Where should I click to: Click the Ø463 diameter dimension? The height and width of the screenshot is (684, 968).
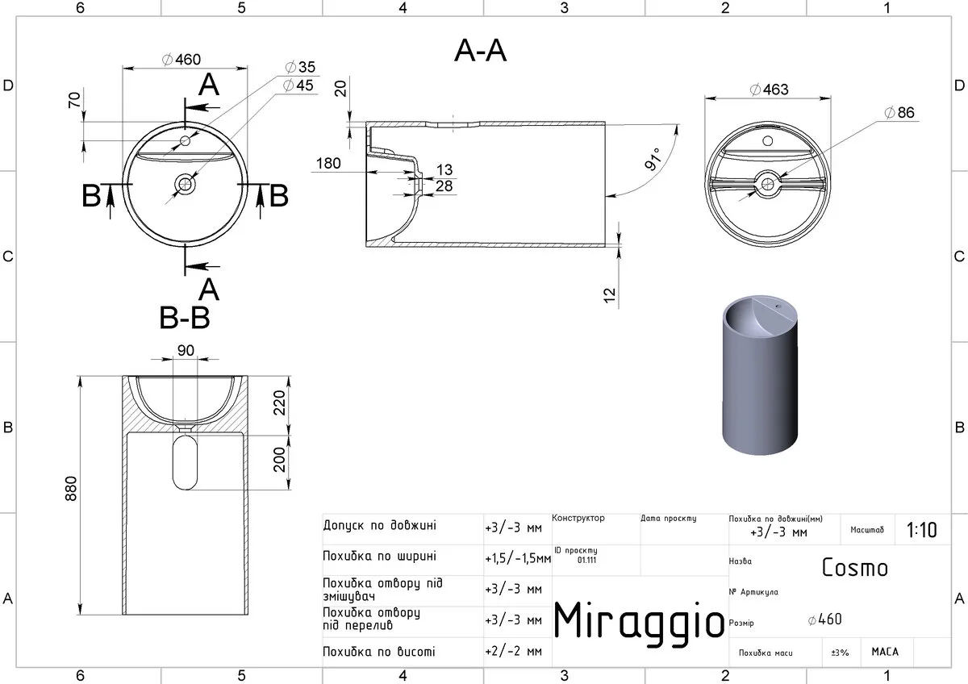click(x=769, y=90)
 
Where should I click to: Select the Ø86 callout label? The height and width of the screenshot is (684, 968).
click(x=899, y=112)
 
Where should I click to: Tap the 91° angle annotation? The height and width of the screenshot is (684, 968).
click(x=653, y=159)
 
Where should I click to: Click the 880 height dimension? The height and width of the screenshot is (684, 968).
click(x=71, y=488)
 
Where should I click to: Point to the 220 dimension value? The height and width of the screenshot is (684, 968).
click(x=280, y=402)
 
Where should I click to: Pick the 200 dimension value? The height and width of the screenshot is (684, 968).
click(x=280, y=459)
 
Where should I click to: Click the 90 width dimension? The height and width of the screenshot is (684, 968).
click(x=186, y=350)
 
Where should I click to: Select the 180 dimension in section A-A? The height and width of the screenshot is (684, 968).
click(x=328, y=163)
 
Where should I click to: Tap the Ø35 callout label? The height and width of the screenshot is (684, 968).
click(x=300, y=67)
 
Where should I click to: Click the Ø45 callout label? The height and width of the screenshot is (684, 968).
click(x=298, y=85)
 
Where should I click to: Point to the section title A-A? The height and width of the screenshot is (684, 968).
click(x=480, y=51)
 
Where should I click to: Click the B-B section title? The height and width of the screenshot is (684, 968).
click(x=185, y=318)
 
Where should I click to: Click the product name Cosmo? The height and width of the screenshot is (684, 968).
click(x=855, y=567)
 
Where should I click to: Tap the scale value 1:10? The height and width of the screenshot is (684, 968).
click(x=922, y=530)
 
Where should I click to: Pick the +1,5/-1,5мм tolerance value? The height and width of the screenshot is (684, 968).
click(x=518, y=559)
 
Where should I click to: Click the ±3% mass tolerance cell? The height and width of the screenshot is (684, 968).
click(x=840, y=653)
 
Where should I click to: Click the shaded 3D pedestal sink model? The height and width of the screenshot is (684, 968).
click(x=760, y=375)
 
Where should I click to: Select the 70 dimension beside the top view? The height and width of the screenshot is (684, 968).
click(x=74, y=100)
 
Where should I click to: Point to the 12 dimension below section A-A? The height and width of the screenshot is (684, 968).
click(x=609, y=295)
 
